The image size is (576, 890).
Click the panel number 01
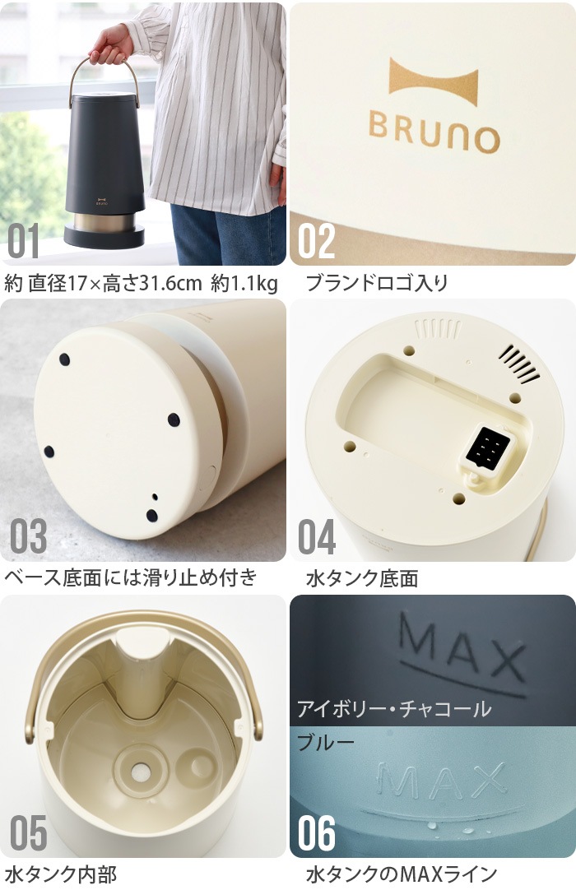pos(24,240)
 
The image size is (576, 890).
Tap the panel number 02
pos(317,240)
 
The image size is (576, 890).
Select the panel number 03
pos(28,535)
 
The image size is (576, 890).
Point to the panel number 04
pos(317,535)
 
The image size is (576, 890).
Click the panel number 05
pos(28,832)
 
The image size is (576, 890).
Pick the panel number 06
pos(317,832)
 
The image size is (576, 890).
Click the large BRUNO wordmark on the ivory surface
pos(434,132)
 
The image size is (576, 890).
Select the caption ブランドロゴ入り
pos(377,283)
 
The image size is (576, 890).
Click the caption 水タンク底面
pos(362,578)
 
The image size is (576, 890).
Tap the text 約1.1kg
pos(244,283)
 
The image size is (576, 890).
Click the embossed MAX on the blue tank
pos(441,781)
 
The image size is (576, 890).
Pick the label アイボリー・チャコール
pos(394,708)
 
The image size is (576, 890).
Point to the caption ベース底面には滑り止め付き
pos(131,577)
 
